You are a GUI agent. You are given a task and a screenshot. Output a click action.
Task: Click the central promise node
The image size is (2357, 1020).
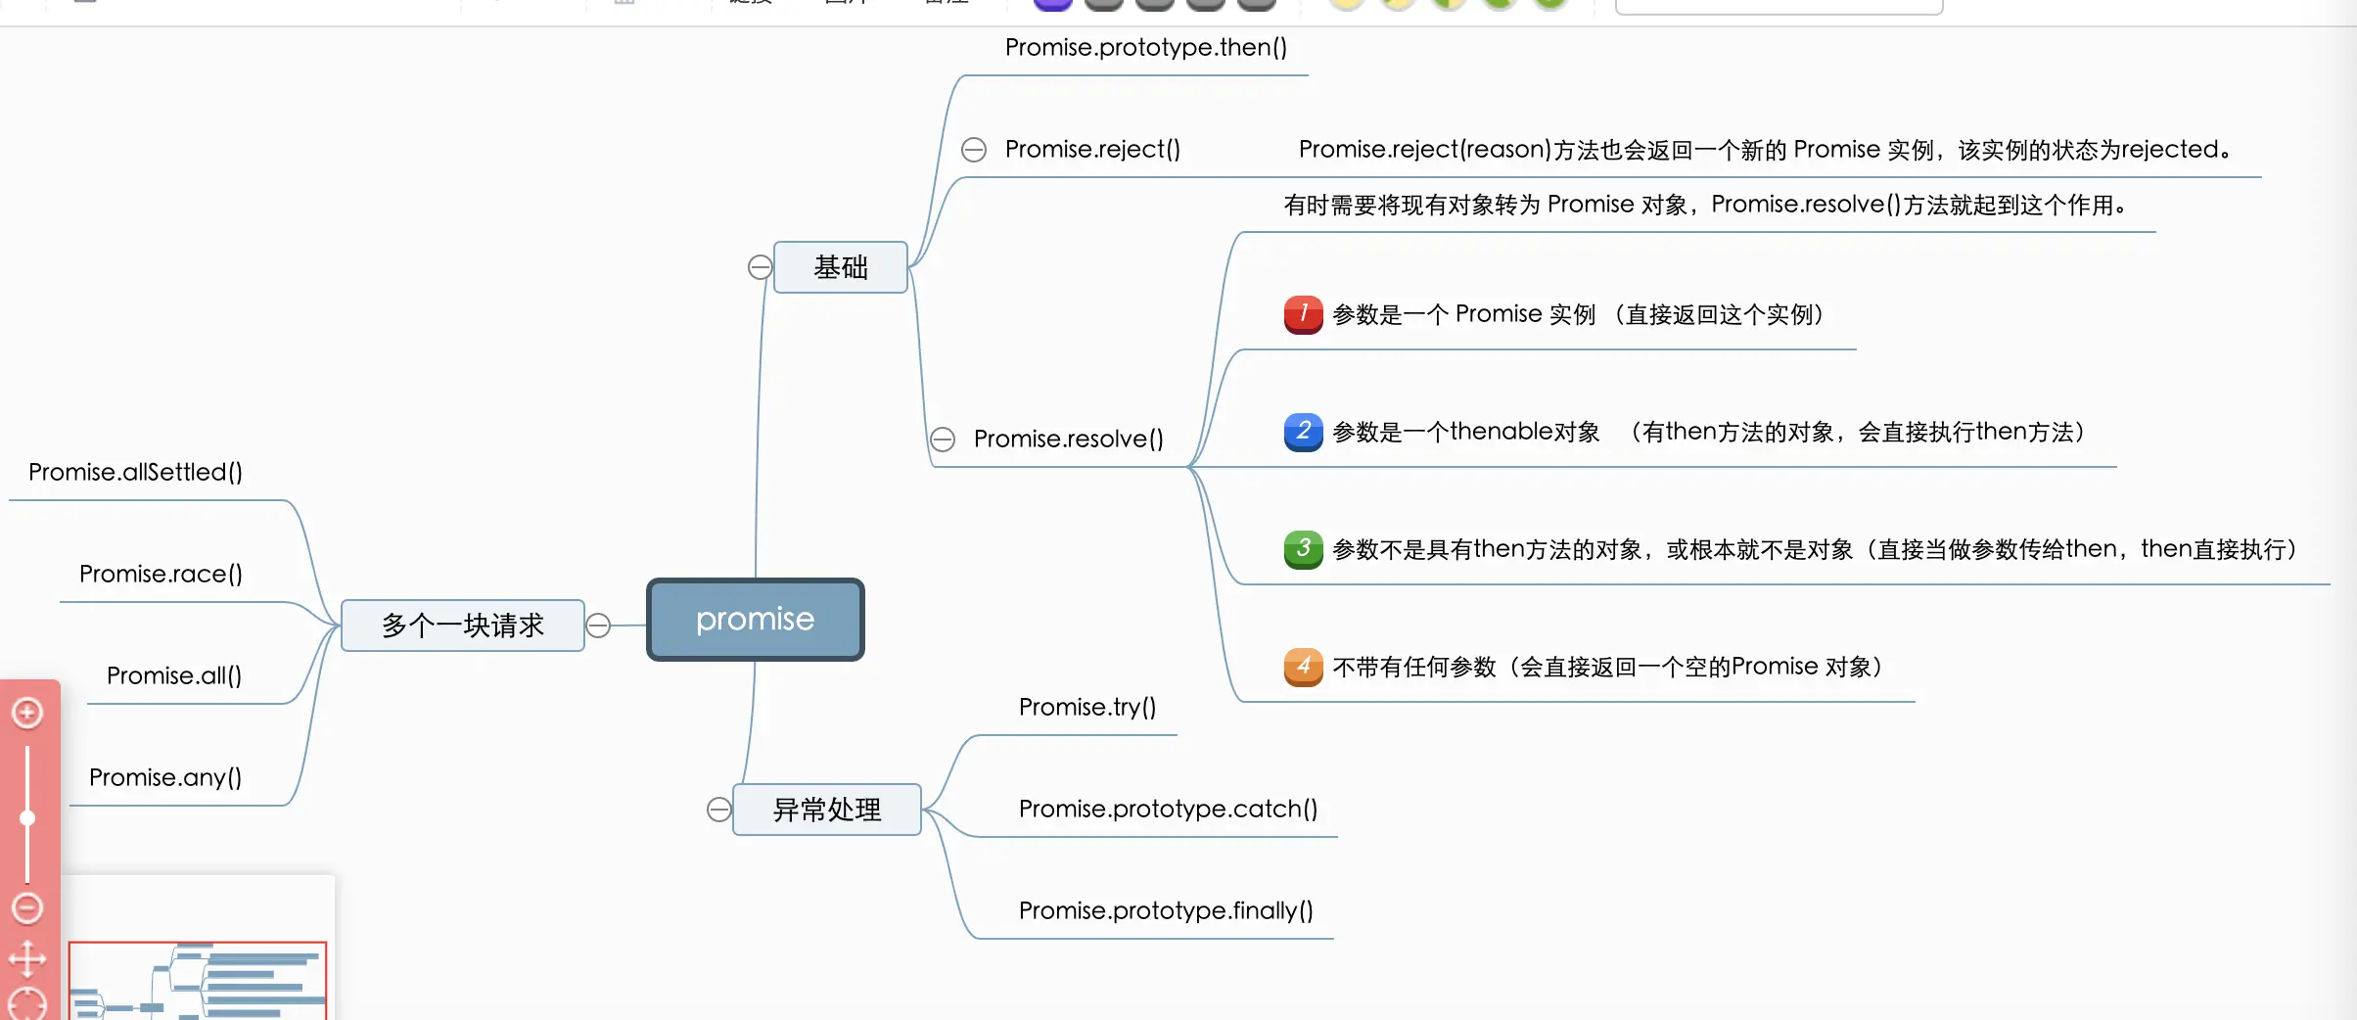tap(755, 620)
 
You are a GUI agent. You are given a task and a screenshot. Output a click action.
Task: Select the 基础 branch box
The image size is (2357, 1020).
tap(840, 267)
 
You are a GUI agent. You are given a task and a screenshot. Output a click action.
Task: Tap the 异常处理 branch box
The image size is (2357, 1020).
tap(827, 810)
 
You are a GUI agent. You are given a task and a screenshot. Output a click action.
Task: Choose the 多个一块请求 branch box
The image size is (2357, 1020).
tap(462, 626)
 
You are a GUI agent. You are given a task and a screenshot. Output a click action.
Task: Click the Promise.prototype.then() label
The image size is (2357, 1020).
tap(1145, 47)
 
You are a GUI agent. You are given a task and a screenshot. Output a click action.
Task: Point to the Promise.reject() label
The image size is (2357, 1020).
tap(1092, 149)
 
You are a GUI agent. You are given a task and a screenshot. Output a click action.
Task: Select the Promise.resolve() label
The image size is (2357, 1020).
tap(1068, 439)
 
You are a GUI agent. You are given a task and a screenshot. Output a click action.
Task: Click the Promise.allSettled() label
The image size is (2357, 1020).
tap(135, 472)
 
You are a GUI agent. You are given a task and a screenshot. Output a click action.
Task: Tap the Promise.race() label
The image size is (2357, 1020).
tap(161, 574)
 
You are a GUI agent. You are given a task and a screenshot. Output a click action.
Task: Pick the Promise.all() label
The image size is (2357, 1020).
tap(174, 675)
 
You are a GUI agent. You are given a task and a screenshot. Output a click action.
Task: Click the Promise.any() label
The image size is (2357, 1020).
tap(165, 777)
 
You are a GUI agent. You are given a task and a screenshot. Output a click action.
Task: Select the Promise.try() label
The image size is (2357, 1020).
tap(1086, 707)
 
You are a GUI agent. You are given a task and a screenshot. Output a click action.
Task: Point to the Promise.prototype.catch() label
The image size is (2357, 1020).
tap(1168, 809)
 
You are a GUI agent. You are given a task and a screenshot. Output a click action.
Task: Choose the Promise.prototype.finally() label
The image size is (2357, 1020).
tap(1166, 910)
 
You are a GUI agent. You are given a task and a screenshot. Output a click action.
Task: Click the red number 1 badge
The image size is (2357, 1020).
tap(1303, 314)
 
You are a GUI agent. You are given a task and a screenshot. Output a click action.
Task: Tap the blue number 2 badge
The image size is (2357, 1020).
tap(1303, 432)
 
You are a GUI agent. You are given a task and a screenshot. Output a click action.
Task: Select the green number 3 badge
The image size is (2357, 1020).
tap(1303, 549)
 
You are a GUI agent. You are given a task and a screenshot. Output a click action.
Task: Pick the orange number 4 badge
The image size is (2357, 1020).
tap(1303, 667)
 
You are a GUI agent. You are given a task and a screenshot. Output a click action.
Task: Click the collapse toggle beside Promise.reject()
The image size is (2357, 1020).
tap(974, 150)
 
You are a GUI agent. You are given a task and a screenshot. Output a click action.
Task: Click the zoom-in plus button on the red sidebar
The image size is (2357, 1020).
tap(27, 713)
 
